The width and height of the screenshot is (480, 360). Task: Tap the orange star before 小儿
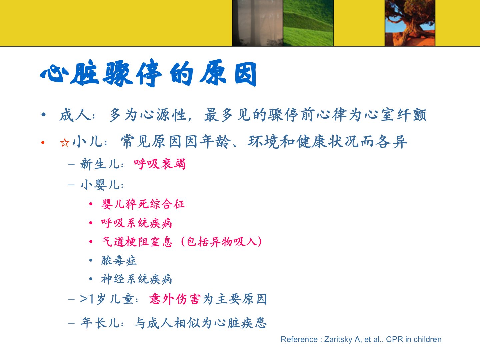click(x=65, y=143)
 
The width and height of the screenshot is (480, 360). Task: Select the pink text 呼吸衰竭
click(x=160, y=164)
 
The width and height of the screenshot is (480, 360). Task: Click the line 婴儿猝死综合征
click(x=143, y=204)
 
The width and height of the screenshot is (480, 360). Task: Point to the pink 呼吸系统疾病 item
click(x=137, y=223)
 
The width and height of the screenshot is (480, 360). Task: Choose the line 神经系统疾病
click(x=137, y=279)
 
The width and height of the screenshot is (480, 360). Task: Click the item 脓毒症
click(x=119, y=260)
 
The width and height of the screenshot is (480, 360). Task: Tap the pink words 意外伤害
click(x=175, y=299)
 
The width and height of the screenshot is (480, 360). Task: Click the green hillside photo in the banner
click(x=308, y=23)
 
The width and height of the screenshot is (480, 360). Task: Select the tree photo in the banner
click(x=410, y=23)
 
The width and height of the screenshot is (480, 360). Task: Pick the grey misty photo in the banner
click(x=258, y=23)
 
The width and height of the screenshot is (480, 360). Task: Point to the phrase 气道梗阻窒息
click(x=137, y=242)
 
